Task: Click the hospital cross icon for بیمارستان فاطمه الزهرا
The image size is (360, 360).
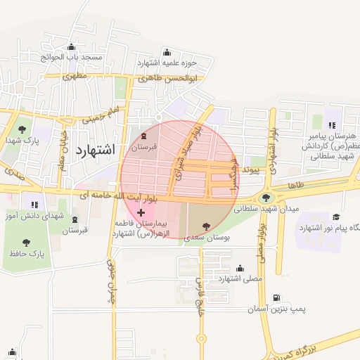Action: click(141, 212)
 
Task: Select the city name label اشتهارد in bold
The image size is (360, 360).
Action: click(94, 150)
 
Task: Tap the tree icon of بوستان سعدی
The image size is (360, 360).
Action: click(205, 226)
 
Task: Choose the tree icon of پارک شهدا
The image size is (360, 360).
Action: click(22, 129)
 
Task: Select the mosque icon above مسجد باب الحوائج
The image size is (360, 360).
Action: click(71, 47)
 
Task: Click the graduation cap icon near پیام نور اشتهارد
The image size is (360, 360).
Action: click(336, 217)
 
